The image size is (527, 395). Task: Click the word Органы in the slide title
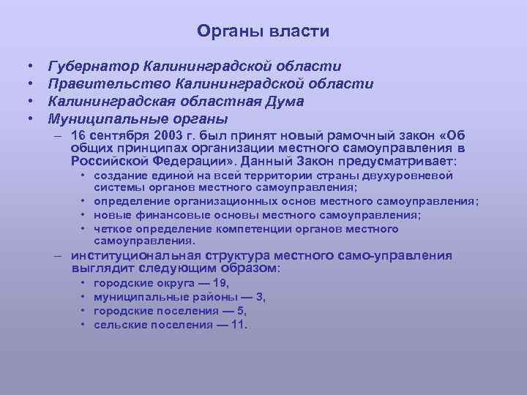223,31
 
